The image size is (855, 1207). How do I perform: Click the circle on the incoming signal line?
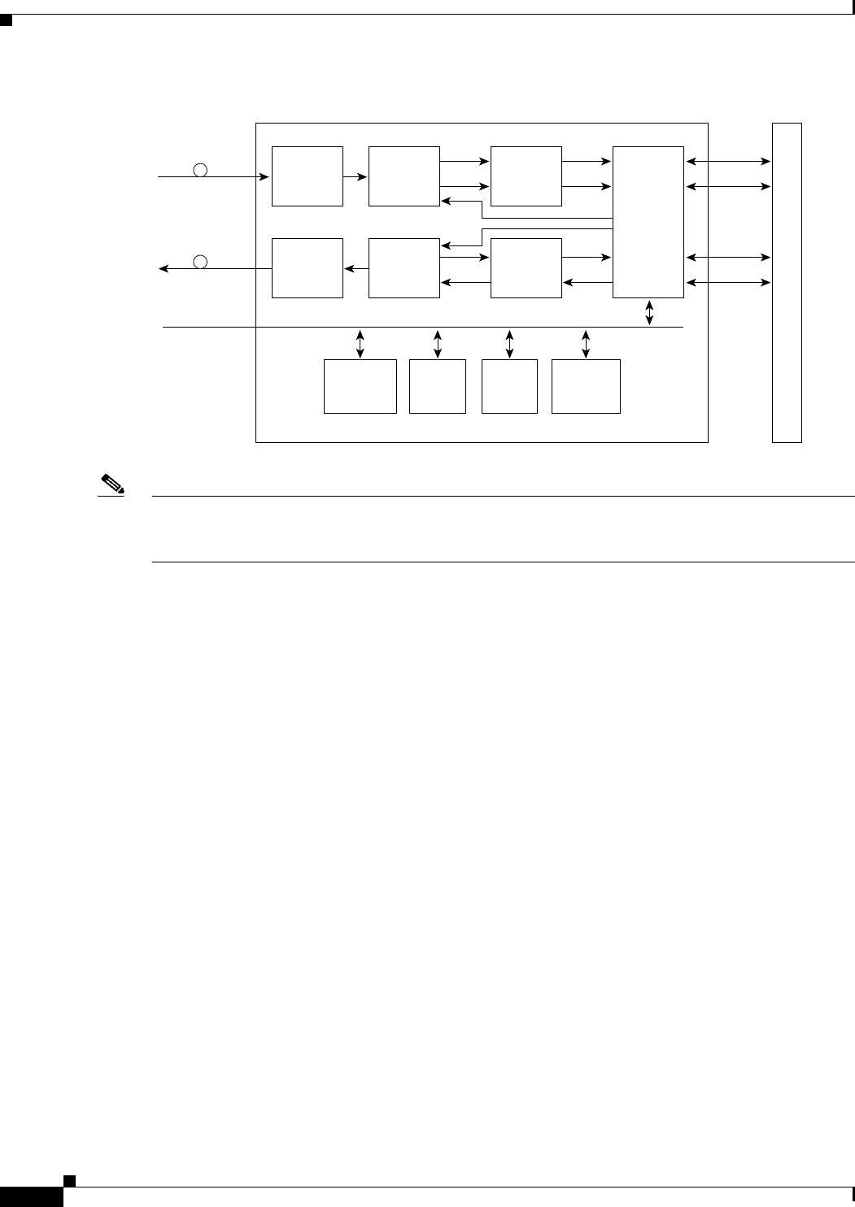200,170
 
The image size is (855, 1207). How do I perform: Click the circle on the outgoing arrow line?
200,261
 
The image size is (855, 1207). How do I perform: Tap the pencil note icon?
111,486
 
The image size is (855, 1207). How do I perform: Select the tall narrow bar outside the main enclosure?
787,282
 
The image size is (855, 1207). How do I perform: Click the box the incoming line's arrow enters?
307,176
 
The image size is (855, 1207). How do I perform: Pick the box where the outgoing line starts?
307,268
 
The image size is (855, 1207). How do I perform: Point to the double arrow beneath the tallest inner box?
648,313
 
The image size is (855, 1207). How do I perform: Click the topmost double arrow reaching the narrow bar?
728,162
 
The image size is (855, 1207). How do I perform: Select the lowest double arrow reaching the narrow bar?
728,283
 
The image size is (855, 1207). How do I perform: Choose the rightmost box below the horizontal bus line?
586,386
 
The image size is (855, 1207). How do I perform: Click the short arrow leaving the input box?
355,176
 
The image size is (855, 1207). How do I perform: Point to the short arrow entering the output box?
355,268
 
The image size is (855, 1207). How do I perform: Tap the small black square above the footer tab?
70,1179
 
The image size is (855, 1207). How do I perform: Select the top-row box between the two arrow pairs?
526,176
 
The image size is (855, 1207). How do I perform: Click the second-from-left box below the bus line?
438,386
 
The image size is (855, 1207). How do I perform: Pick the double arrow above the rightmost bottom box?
586,343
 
